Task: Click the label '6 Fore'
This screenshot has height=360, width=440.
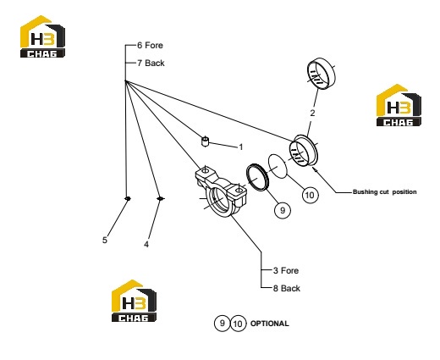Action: [x=150, y=45]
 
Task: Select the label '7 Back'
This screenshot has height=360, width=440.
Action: [x=151, y=63]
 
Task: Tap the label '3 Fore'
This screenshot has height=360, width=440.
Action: [x=286, y=270]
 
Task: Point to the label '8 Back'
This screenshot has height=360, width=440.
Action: [x=287, y=288]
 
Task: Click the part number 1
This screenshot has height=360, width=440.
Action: [x=240, y=147]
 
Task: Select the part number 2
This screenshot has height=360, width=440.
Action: [x=312, y=113]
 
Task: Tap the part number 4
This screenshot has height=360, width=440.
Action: [x=146, y=244]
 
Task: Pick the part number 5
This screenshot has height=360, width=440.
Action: [x=105, y=240]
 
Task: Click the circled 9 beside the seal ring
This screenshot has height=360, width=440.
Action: [x=283, y=210]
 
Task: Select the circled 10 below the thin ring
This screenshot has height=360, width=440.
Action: [x=310, y=195]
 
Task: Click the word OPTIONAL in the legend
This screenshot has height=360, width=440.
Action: [x=269, y=324]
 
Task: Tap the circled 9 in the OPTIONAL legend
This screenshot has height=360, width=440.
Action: [x=223, y=323]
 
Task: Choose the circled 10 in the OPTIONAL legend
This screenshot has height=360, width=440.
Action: [x=239, y=324]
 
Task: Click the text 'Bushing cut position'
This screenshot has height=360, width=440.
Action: [x=385, y=192]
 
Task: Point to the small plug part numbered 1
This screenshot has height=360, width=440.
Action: [x=206, y=141]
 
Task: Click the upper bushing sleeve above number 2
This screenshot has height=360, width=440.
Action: [x=321, y=74]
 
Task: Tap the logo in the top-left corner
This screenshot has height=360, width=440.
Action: [x=42, y=36]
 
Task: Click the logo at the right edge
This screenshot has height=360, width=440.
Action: [x=399, y=105]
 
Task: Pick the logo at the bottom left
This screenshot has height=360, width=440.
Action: [x=134, y=301]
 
